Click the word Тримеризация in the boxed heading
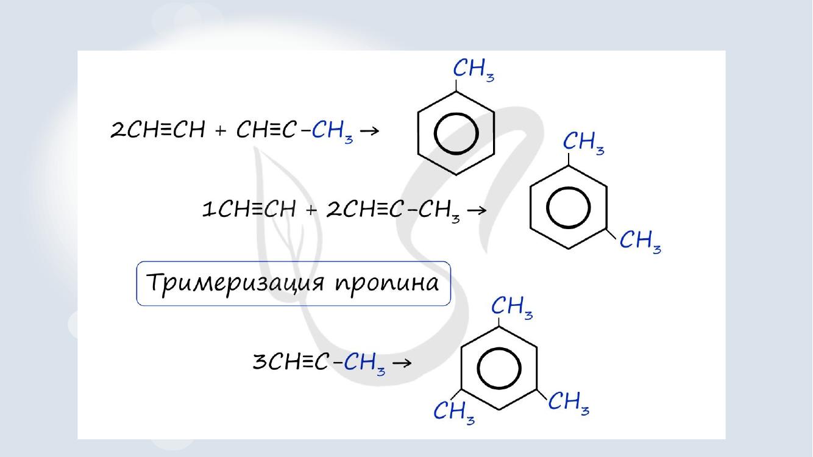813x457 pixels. (x=235, y=284)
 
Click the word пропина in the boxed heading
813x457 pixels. (x=387, y=285)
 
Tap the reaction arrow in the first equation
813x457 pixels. (x=369, y=130)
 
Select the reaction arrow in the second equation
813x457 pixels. (x=477, y=210)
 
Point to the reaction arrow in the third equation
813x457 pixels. (x=402, y=363)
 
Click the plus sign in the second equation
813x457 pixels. (x=311, y=210)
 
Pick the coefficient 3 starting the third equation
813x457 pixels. (x=260, y=362)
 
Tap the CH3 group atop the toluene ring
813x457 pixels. (x=474, y=70)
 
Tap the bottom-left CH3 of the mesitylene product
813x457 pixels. (x=454, y=413)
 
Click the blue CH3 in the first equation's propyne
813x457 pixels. (x=332, y=132)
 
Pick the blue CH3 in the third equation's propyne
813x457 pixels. (x=364, y=364)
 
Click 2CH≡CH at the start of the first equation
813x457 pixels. (x=158, y=130)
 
